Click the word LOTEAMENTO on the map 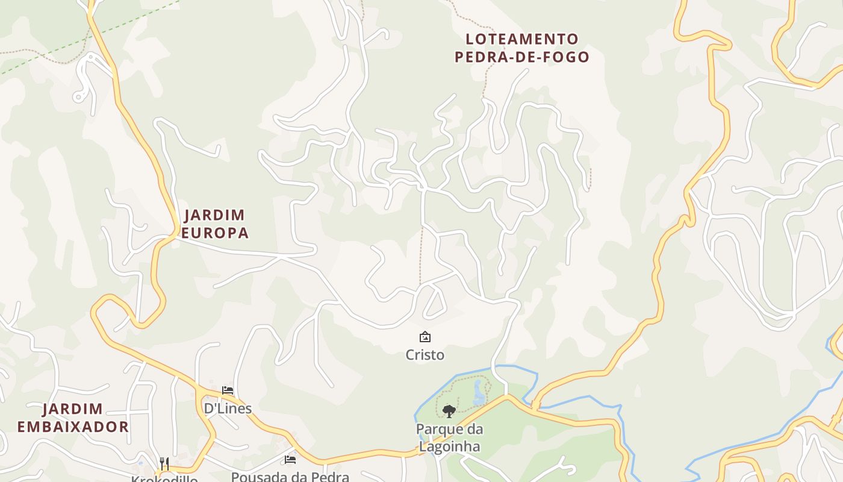click(521, 39)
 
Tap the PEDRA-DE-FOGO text click(521, 57)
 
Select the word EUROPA click(215, 233)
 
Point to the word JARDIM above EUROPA click(214, 215)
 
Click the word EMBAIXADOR click(73, 427)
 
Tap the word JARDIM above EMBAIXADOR click(73, 409)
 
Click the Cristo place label click(425, 355)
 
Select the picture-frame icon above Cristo click(425, 337)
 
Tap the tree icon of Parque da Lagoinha click(449, 412)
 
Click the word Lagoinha click(449, 446)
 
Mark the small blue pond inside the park click(479, 393)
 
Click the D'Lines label click(228, 408)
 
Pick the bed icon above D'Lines click(228, 390)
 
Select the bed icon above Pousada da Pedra click(290, 460)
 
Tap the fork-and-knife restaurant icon click(164, 463)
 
